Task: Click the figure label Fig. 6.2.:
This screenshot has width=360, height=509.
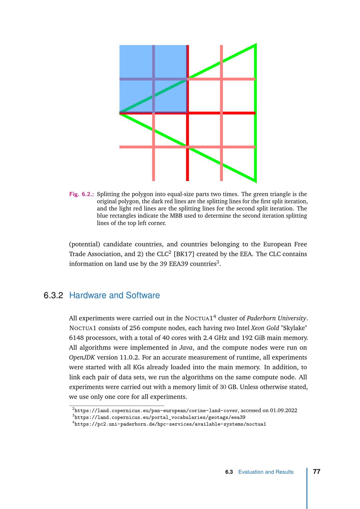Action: (82, 194)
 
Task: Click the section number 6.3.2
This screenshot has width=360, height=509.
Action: (53, 296)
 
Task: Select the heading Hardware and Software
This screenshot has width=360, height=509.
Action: (114, 296)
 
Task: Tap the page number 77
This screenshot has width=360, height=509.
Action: (317, 472)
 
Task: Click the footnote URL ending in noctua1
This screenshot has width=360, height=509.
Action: (170, 424)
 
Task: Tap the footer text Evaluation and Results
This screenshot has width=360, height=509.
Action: (266, 472)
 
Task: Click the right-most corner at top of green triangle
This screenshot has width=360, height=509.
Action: (255, 45)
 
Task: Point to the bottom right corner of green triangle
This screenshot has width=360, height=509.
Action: (255, 181)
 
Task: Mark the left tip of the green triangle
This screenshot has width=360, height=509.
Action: (120, 113)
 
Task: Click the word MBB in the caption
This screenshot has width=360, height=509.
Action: (212, 216)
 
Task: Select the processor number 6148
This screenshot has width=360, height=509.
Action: (76, 338)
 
